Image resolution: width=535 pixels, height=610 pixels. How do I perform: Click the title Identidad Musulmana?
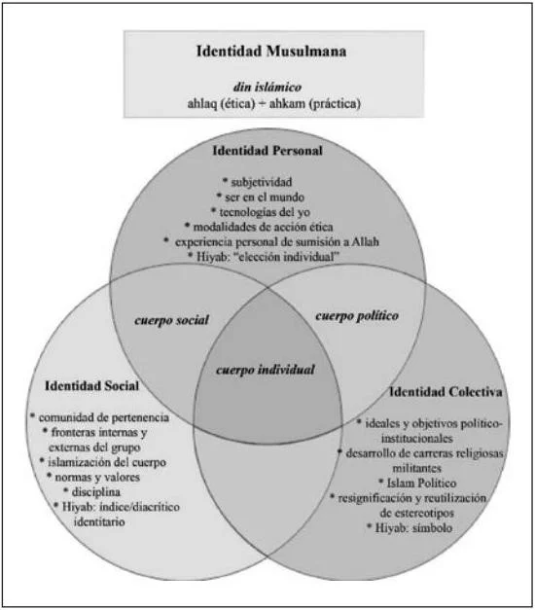coord(271,51)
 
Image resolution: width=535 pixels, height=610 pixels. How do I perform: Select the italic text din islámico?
coord(267,87)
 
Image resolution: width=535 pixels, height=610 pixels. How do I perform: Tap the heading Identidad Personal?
coord(267,151)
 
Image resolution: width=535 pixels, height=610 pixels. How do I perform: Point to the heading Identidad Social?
coord(91,385)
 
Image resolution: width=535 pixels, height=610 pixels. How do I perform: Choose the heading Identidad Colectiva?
coord(446,391)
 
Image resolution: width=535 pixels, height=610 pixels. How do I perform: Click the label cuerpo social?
coord(171,320)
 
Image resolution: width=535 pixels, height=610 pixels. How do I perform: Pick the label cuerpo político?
coord(357,315)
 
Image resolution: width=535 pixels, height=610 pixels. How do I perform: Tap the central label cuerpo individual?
coord(266,369)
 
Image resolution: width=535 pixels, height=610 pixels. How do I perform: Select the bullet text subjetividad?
coord(262,182)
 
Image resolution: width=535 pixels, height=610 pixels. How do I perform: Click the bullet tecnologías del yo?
coord(265,212)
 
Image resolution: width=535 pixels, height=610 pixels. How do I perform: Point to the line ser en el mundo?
coord(265,197)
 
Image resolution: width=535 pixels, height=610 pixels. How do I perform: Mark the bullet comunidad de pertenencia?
coord(103,417)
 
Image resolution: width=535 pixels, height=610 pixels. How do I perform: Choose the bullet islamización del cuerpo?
coord(107,462)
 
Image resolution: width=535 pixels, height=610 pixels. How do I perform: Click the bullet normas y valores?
coord(97,477)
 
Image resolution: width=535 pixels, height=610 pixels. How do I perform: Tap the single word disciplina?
coord(96,491)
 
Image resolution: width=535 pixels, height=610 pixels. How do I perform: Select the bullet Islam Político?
coord(421,483)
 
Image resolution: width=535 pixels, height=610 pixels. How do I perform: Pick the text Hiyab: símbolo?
coord(413,528)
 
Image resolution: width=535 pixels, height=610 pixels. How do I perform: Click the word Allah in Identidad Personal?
coord(365,241)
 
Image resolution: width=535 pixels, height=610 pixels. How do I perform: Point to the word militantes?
coord(416,468)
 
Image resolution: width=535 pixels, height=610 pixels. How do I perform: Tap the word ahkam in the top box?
coord(287,103)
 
